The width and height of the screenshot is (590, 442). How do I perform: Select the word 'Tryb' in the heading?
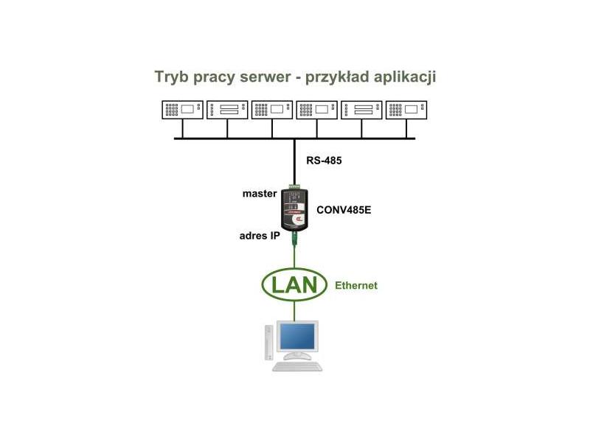point(170,77)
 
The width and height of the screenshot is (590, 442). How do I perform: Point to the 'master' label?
point(260,194)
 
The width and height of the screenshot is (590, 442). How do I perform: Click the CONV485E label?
point(344,210)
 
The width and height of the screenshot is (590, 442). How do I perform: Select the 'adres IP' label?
point(259,236)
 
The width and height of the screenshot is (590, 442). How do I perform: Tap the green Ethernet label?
point(356,285)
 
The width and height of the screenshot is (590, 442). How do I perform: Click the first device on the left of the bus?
point(182,110)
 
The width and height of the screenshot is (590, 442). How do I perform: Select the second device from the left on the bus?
point(227,110)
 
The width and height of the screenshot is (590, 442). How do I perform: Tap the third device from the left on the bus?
point(272,110)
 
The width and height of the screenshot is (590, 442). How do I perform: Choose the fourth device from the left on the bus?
point(317,110)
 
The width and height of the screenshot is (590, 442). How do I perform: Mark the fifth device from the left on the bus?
point(362,110)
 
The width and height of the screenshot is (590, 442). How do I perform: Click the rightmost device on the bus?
point(406,110)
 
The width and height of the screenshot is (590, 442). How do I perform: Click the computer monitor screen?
point(296,338)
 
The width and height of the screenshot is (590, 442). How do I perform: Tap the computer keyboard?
point(297,365)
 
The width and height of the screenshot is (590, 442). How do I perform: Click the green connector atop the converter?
point(295,187)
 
